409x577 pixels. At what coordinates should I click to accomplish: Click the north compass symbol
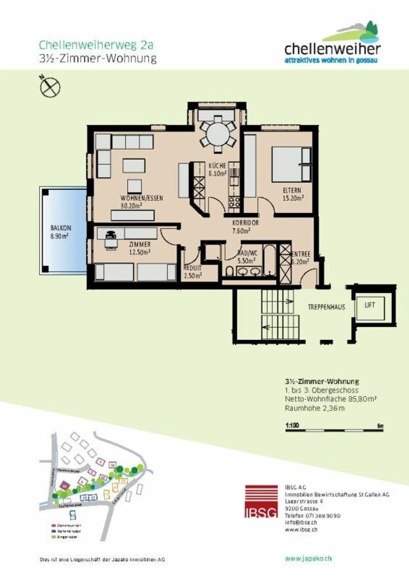click(x=50, y=87)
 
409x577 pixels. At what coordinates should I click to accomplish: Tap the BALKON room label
click(x=61, y=228)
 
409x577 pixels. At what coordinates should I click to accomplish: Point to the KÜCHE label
click(x=217, y=166)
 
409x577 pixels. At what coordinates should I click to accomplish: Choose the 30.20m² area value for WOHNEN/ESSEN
click(x=131, y=206)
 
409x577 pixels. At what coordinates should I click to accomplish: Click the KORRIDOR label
click(x=245, y=223)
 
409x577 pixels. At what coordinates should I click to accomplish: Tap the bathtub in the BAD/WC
click(x=269, y=260)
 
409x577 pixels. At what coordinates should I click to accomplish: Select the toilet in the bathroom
click(x=230, y=272)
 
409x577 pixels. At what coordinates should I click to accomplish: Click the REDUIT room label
click(x=192, y=268)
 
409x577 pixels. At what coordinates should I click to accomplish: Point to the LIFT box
click(x=370, y=308)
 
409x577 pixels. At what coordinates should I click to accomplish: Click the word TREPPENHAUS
click(x=326, y=307)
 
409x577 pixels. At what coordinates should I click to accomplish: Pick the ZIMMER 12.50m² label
click(x=140, y=248)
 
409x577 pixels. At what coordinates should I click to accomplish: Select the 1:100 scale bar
click(x=334, y=430)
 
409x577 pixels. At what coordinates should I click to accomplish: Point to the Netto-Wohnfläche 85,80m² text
click(x=331, y=399)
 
